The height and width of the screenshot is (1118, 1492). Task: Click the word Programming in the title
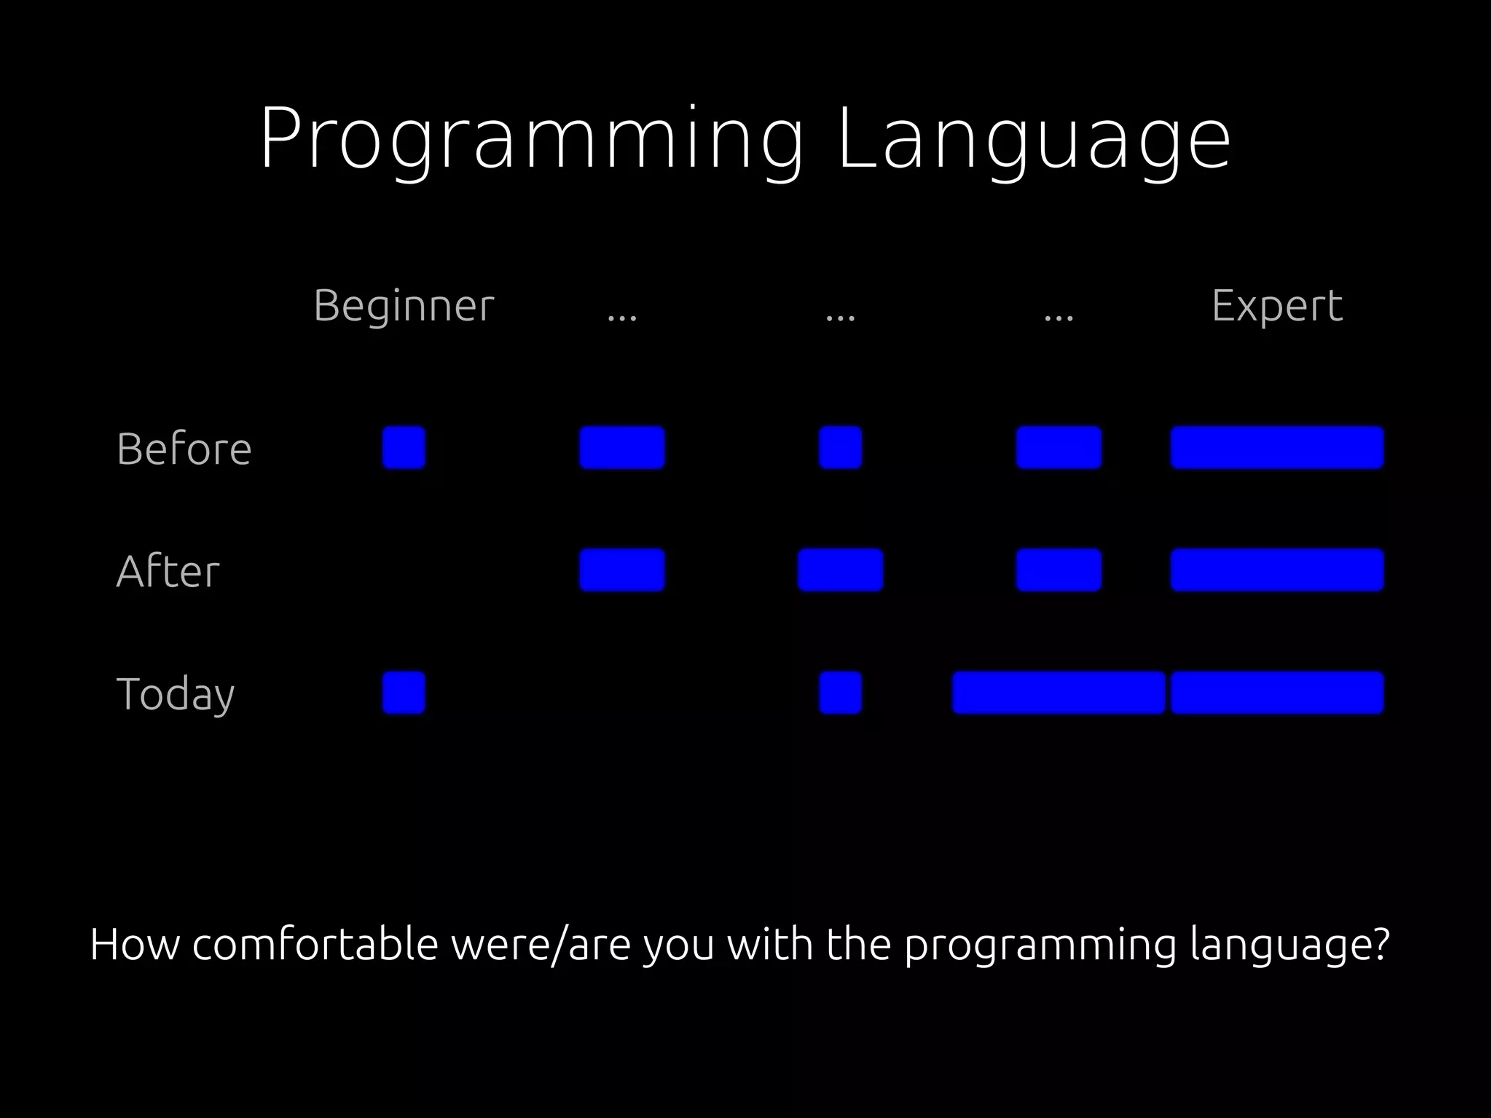[532, 140]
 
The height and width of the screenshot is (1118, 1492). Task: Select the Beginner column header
[404, 305]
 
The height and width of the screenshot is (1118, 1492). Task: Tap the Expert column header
[1276, 305]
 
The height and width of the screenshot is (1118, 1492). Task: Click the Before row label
[184, 448]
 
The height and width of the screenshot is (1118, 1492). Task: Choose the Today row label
[176, 693]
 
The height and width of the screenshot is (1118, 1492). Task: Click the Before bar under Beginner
[404, 447]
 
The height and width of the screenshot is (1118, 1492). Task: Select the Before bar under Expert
[1276, 447]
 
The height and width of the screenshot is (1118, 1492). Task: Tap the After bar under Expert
[1276, 570]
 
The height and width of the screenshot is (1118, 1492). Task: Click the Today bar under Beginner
[404, 693]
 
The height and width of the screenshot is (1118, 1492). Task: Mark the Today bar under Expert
[1276, 693]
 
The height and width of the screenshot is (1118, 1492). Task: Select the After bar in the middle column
[840, 570]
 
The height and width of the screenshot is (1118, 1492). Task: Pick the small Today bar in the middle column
[840, 693]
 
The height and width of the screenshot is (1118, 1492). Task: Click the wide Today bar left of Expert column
[1058, 693]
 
